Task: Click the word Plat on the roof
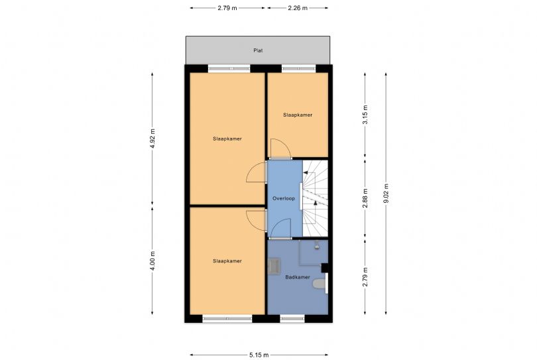pyautogui.click(x=258, y=50)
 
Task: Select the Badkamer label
pyautogui.click(x=298, y=277)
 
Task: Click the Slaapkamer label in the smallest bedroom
pyautogui.click(x=298, y=115)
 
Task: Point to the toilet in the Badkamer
pyautogui.click(x=320, y=285)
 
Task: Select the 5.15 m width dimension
pyautogui.click(x=259, y=354)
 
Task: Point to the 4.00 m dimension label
pyautogui.click(x=152, y=260)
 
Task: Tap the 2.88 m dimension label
pyautogui.click(x=365, y=199)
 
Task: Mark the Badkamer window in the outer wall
pyautogui.click(x=292, y=319)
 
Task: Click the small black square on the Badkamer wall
pyautogui.click(x=324, y=268)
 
